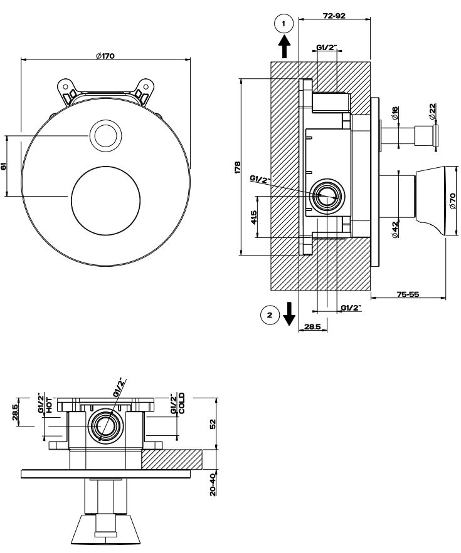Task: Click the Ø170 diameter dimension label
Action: (105, 56)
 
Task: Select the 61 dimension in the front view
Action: (4, 167)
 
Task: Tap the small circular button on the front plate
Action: (105, 136)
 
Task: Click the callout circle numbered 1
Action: (284, 24)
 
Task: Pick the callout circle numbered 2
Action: (270, 315)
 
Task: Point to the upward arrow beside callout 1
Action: (284, 46)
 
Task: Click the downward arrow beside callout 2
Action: (289, 313)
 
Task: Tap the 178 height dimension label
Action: (237, 167)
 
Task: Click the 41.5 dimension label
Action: (253, 217)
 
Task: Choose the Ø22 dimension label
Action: (432, 112)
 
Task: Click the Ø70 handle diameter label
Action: (452, 200)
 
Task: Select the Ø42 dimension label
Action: (395, 229)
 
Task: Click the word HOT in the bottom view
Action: (49, 404)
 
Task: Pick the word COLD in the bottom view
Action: (182, 403)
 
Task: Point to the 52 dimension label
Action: (213, 423)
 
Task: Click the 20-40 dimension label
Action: (213, 483)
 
